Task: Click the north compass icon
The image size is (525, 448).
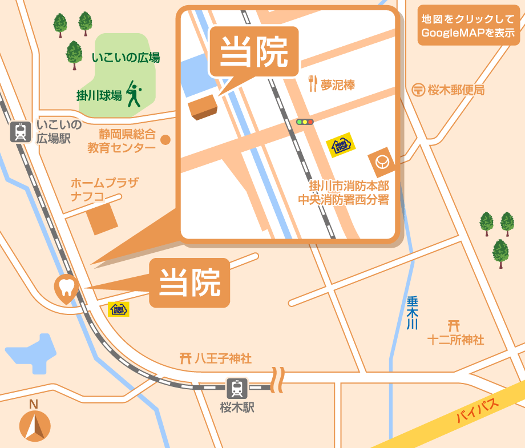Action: [35, 426]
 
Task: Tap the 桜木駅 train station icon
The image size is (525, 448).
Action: [236, 389]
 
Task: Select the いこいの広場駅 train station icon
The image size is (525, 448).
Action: [21, 132]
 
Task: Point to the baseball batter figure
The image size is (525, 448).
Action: [134, 94]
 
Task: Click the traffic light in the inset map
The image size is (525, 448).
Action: [305, 122]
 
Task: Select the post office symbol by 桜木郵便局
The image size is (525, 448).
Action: [418, 90]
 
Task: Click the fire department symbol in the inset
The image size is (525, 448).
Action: [382, 163]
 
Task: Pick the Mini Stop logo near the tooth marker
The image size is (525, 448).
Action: [119, 309]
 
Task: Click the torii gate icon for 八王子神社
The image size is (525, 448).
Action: [185, 358]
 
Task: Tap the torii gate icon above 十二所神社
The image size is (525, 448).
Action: [454, 326]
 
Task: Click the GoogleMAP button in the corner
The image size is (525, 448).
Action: [468, 26]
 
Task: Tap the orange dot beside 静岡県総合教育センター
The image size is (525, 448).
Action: [166, 139]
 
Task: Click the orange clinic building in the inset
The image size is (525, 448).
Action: [204, 107]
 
